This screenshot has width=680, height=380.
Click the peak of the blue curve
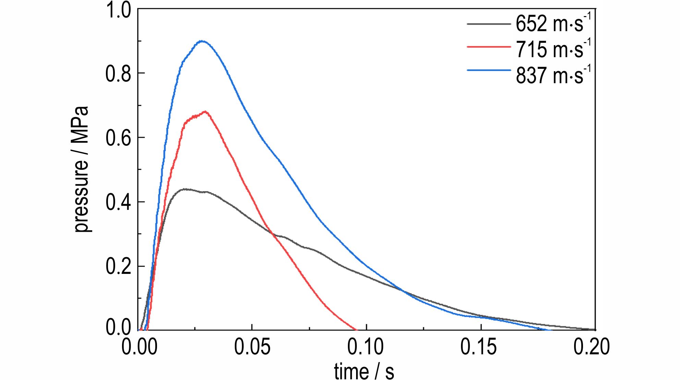coord(202,41)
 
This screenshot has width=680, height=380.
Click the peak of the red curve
coord(205,111)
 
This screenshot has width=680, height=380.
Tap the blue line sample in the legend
coord(488,70)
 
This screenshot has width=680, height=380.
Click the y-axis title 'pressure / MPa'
coord(82,169)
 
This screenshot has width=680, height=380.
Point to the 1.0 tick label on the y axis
coord(118,10)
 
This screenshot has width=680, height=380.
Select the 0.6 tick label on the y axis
coord(118,138)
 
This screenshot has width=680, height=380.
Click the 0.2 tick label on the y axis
coord(118,267)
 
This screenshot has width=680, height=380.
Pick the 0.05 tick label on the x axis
coord(252,346)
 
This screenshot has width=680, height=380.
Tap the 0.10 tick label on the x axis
coord(366,346)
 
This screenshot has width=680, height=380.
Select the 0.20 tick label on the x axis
coord(592,346)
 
